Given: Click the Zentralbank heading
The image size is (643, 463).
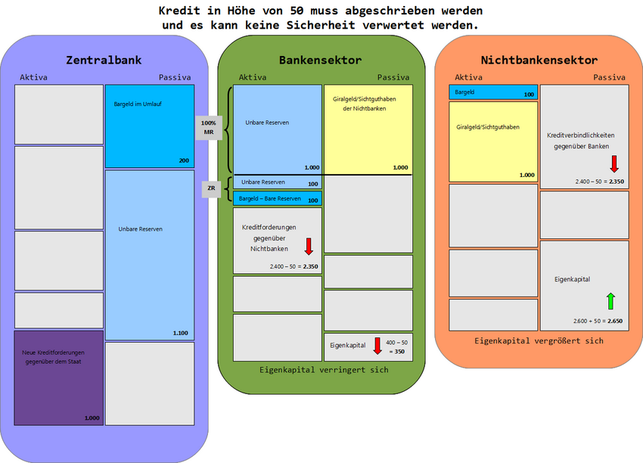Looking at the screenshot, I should [104, 60].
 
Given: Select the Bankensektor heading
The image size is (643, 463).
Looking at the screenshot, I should [320, 60].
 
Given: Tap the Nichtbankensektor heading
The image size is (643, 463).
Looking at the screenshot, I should [539, 60].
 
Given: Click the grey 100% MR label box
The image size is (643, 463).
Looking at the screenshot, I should [209, 128].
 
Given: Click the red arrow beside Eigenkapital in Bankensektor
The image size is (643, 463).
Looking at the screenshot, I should [377, 346].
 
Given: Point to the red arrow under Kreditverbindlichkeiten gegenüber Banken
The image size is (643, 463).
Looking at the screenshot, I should [614, 163].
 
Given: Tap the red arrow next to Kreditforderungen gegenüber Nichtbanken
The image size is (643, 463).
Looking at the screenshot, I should [309, 246].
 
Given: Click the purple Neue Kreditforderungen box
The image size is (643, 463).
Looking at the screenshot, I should [59, 378].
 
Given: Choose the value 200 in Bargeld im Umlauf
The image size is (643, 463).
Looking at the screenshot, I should [184, 160].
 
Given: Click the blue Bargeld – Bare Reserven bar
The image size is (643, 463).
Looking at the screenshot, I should [278, 200].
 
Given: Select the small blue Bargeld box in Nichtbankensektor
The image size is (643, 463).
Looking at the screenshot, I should [493, 92].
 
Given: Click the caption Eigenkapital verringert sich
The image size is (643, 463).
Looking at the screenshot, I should [324, 370].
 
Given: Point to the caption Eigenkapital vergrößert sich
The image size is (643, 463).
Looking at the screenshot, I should [539, 340].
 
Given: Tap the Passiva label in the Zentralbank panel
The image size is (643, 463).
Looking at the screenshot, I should [175, 77].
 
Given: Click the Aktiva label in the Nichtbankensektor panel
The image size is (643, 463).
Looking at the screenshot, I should [468, 77].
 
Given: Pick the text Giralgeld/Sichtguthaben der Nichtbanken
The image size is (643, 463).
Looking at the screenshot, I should [359, 104].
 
